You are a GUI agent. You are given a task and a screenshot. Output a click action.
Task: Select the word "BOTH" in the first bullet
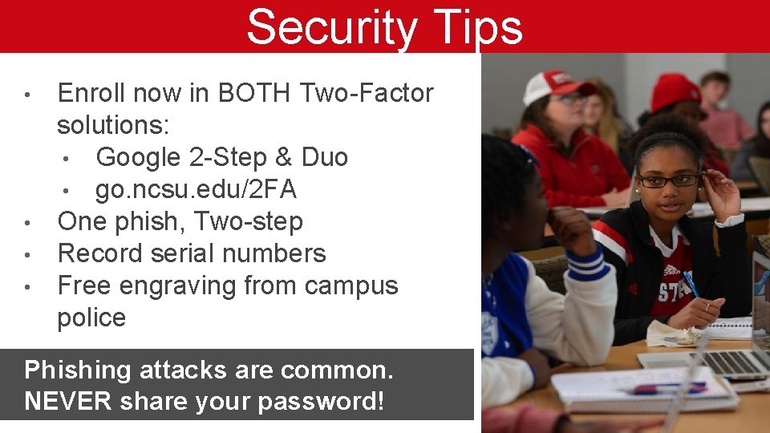click(255, 94)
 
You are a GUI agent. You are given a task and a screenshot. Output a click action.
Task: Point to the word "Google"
click(138, 157)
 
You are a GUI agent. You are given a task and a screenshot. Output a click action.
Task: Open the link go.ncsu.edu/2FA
click(196, 189)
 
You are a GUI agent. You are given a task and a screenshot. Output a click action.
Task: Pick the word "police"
click(91, 318)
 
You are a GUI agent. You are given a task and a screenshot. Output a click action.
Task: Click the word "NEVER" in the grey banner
click(67, 401)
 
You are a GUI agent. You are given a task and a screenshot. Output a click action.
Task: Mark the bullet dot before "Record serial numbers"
click(27, 255)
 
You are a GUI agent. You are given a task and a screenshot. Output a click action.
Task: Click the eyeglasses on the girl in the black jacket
click(667, 180)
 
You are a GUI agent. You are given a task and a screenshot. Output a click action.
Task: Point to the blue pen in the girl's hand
click(691, 285)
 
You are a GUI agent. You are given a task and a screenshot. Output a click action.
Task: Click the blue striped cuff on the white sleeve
click(586, 261)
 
